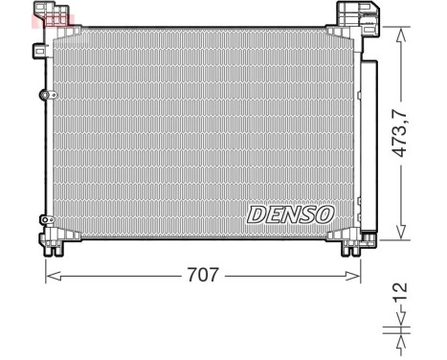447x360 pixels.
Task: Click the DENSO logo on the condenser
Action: [x=290, y=214]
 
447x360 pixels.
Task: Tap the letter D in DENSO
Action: [x=256, y=214]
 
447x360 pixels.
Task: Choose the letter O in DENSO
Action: [x=324, y=214]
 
